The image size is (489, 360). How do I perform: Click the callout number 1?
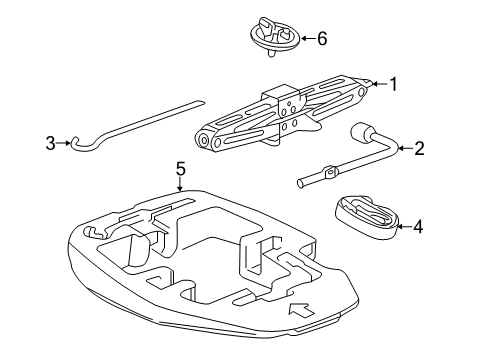click(394, 85)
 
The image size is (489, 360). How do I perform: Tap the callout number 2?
click(419, 149)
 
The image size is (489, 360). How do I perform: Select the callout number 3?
click(50, 144)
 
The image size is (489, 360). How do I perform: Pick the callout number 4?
click(418, 227)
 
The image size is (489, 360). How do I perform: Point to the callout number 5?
click(180, 171)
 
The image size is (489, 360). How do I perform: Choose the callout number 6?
click(321, 41)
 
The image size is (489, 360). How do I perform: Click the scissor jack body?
click(285, 115)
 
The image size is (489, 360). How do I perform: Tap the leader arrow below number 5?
click(180, 188)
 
